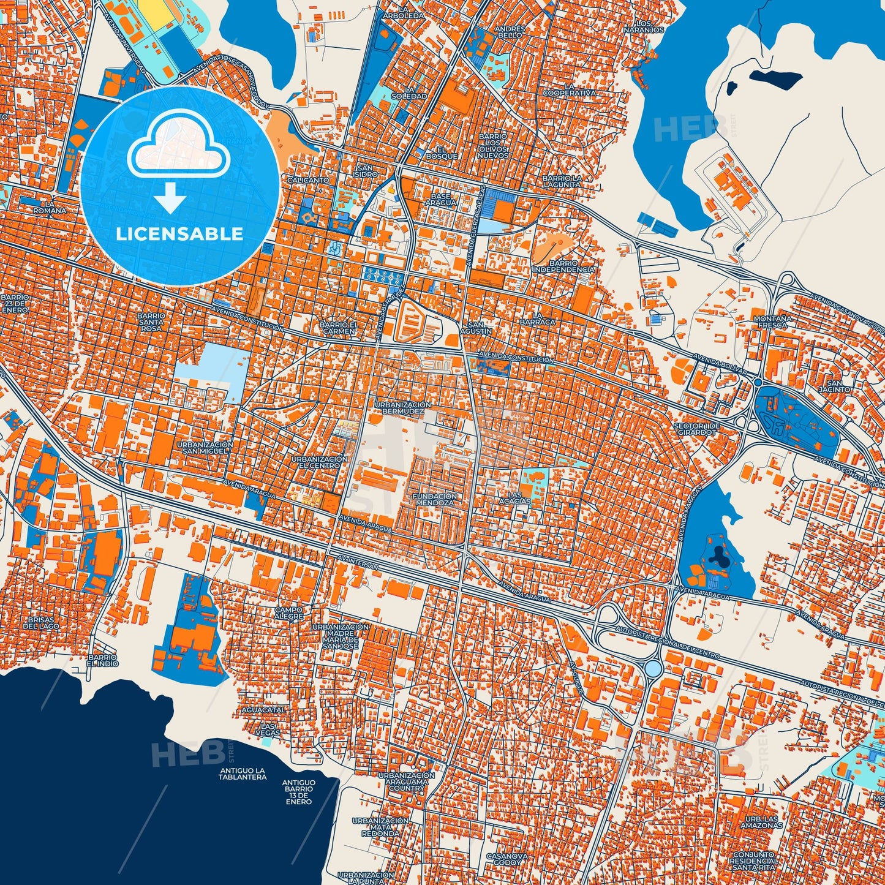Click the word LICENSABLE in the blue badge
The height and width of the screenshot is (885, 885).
point(179,234)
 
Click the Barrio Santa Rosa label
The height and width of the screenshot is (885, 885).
point(151,322)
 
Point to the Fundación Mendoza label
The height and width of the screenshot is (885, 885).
point(435,499)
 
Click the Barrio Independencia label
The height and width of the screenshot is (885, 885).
point(563,266)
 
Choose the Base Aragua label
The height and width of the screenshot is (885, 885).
point(440,199)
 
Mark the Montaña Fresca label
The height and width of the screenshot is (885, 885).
point(772,322)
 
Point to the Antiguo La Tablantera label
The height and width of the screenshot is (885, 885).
point(243,774)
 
